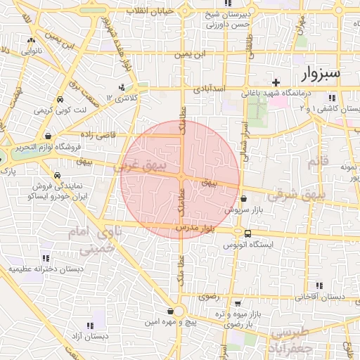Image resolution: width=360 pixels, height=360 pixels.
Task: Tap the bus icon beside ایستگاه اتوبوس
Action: pos(247,234)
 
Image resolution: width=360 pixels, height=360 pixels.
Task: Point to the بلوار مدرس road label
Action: pos(195,229)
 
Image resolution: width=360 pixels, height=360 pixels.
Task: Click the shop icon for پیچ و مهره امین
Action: pos(170,310)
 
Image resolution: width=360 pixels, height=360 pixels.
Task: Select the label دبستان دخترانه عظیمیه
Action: pos(46,269)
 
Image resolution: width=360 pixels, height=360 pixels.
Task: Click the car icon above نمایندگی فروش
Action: pos(56,175)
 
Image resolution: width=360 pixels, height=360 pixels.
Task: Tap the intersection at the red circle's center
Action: pos(181,176)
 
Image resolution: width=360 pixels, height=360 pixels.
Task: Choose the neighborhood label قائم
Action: pos(318,163)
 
